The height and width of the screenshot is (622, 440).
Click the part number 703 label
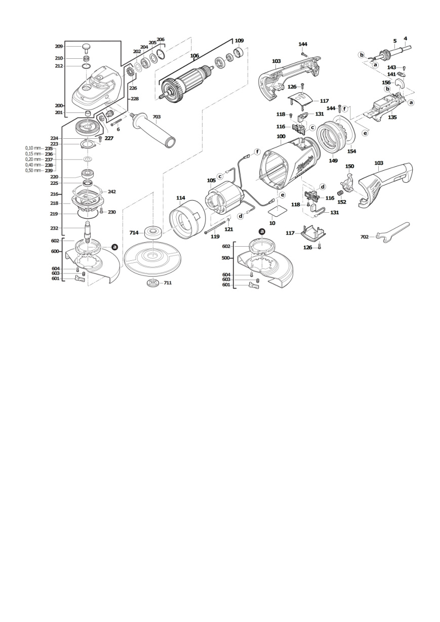click(x=156, y=117)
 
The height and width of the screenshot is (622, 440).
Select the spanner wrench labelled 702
click(x=393, y=232)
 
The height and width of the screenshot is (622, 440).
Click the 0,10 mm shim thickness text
click(x=33, y=148)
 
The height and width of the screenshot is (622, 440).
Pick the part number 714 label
click(x=134, y=232)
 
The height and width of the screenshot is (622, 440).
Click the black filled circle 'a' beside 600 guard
click(x=114, y=247)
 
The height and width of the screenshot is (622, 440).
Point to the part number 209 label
click(x=59, y=47)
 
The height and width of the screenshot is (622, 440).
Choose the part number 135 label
click(x=392, y=117)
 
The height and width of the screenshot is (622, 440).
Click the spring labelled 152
click(x=340, y=193)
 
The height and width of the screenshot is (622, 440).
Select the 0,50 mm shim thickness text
click(x=33, y=171)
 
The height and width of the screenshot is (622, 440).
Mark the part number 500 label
click(x=226, y=258)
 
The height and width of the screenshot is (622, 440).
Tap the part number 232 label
click(x=54, y=228)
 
